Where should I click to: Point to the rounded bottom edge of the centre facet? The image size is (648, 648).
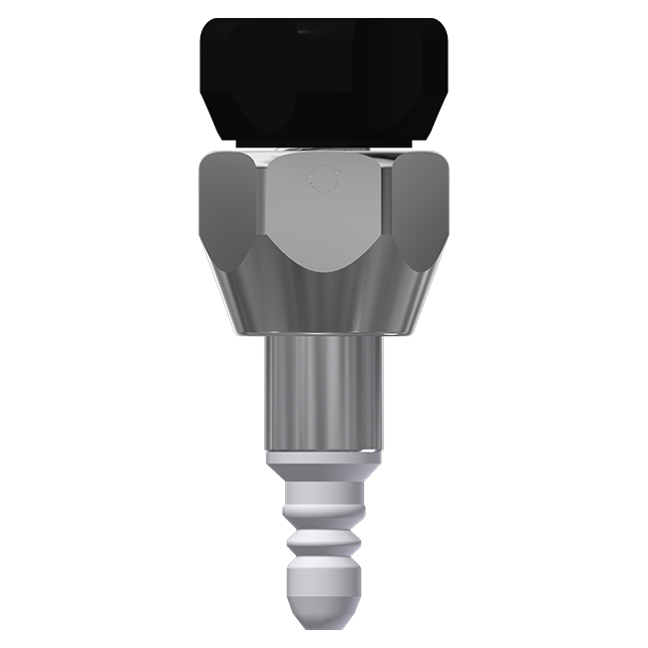322,267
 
